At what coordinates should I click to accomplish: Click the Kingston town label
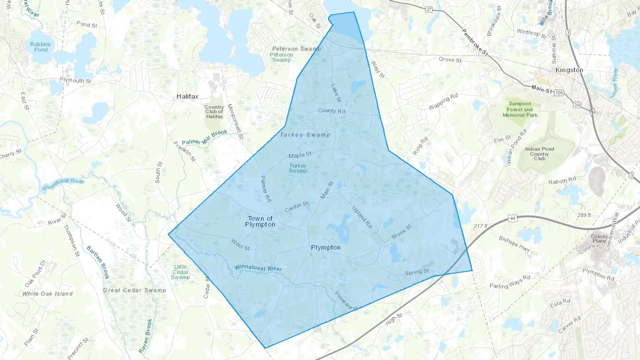coord(569,70)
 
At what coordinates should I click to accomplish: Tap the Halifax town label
coord(187,96)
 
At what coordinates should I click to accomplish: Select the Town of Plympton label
coord(260,221)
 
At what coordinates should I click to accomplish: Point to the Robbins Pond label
coord(41,47)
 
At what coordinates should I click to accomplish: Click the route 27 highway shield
coord(429,10)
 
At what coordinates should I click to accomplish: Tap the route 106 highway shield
coord(559,93)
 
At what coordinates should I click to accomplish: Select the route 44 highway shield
coord(512,218)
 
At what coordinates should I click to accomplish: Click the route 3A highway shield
coord(577,105)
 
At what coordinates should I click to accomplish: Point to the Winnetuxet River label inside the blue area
coord(258,268)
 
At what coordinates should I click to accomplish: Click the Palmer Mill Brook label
coord(204,138)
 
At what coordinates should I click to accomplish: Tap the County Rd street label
coord(332,111)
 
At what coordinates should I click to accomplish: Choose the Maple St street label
coord(300,155)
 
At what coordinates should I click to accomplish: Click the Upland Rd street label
coord(362,217)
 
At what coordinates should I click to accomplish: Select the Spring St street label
coord(417,272)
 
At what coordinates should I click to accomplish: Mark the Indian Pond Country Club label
coord(539,154)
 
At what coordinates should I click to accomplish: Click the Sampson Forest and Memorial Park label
coord(520,109)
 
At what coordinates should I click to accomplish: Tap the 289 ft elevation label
coord(584,215)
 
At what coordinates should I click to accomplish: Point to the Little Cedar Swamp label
coord(180,272)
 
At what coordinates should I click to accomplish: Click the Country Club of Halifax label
coord(214,112)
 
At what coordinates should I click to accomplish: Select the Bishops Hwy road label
coord(514,244)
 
